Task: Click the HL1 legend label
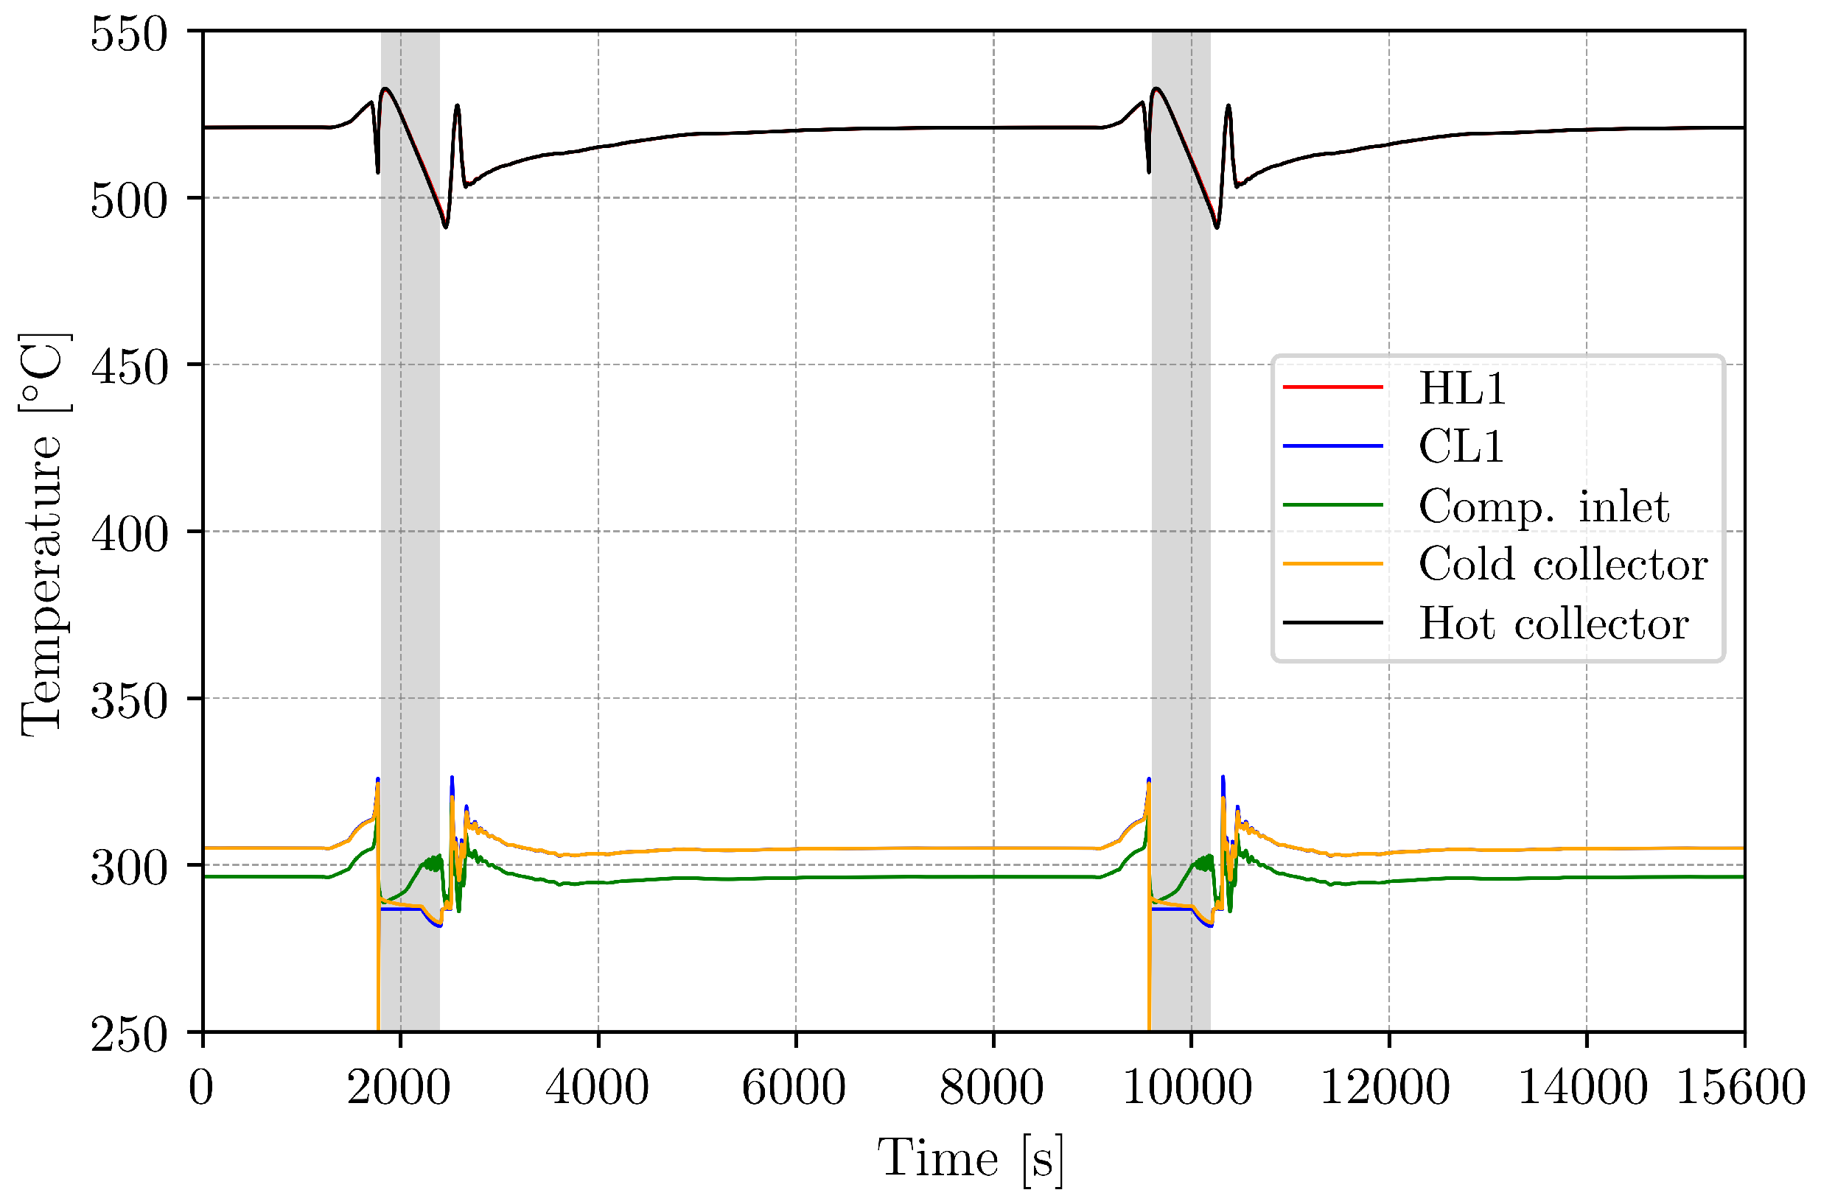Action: [x=1461, y=388]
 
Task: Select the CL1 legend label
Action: [x=1460, y=446]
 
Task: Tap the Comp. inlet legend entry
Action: [x=1542, y=507]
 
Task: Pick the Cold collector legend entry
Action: [x=1562, y=565]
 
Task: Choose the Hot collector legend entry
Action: [x=1553, y=624]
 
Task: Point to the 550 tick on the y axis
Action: [x=129, y=34]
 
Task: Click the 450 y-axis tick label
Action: [x=129, y=367]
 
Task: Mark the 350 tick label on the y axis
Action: [x=129, y=700]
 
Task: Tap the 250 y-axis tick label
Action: [x=129, y=1034]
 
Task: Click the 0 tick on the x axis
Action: [x=200, y=1088]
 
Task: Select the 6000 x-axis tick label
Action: [x=794, y=1088]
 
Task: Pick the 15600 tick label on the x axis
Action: [x=1740, y=1088]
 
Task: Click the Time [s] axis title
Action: [x=971, y=1158]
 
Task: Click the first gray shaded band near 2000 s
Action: [x=410, y=536]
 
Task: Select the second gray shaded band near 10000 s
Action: [x=1181, y=536]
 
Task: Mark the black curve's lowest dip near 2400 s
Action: [x=445, y=227]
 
